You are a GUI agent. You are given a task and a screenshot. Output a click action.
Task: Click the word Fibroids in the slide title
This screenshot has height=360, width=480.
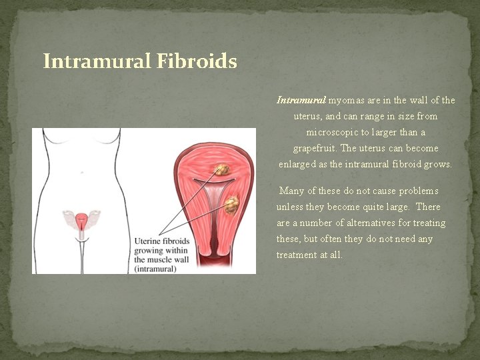pos(197,62)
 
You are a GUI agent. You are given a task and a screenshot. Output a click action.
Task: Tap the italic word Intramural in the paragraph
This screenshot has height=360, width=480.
pos(301,101)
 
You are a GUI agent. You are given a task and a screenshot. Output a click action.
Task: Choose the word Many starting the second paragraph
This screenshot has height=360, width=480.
pos(292,191)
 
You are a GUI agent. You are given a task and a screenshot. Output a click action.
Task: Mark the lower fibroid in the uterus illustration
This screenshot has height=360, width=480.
pos(231,204)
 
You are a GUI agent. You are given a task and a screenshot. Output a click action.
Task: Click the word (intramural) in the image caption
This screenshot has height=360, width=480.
pos(155,269)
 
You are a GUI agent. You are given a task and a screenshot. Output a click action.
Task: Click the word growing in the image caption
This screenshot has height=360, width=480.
pos(151,250)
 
